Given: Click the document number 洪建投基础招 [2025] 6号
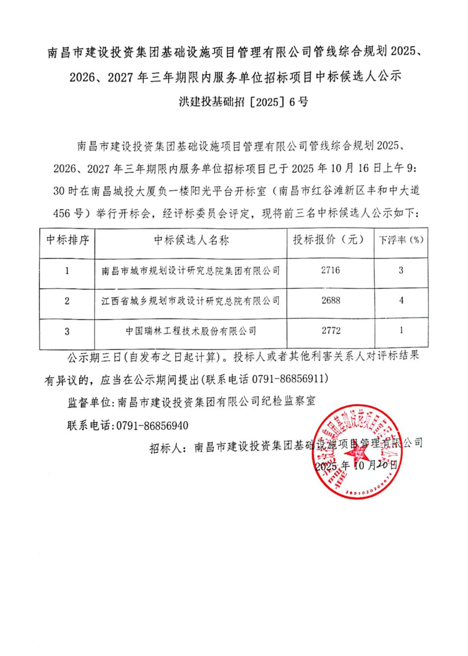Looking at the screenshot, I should click(243, 102).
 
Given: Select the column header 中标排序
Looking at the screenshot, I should click(68, 240).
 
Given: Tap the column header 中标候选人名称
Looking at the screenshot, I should click(191, 240).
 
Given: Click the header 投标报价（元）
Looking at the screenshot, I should click(330, 240).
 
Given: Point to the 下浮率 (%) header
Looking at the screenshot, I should click(401, 240).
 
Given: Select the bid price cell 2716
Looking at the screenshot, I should click(330, 270).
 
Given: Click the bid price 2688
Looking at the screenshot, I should click(331, 300).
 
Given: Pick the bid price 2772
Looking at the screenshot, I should click(331, 331).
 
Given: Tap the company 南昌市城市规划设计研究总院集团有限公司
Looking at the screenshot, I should click(191, 271).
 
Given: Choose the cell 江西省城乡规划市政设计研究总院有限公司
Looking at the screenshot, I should click(191, 301).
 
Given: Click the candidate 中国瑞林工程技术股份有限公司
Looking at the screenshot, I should click(191, 331).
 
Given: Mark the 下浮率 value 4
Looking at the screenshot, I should click(401, 300).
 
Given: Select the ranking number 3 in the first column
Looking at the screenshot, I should click(67, 331).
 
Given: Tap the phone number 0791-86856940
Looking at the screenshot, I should click(152, 426).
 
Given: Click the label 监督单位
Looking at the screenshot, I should click(89, 402).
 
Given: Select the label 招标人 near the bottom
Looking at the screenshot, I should click(165, 447).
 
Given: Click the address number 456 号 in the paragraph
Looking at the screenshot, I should click(68, 213).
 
